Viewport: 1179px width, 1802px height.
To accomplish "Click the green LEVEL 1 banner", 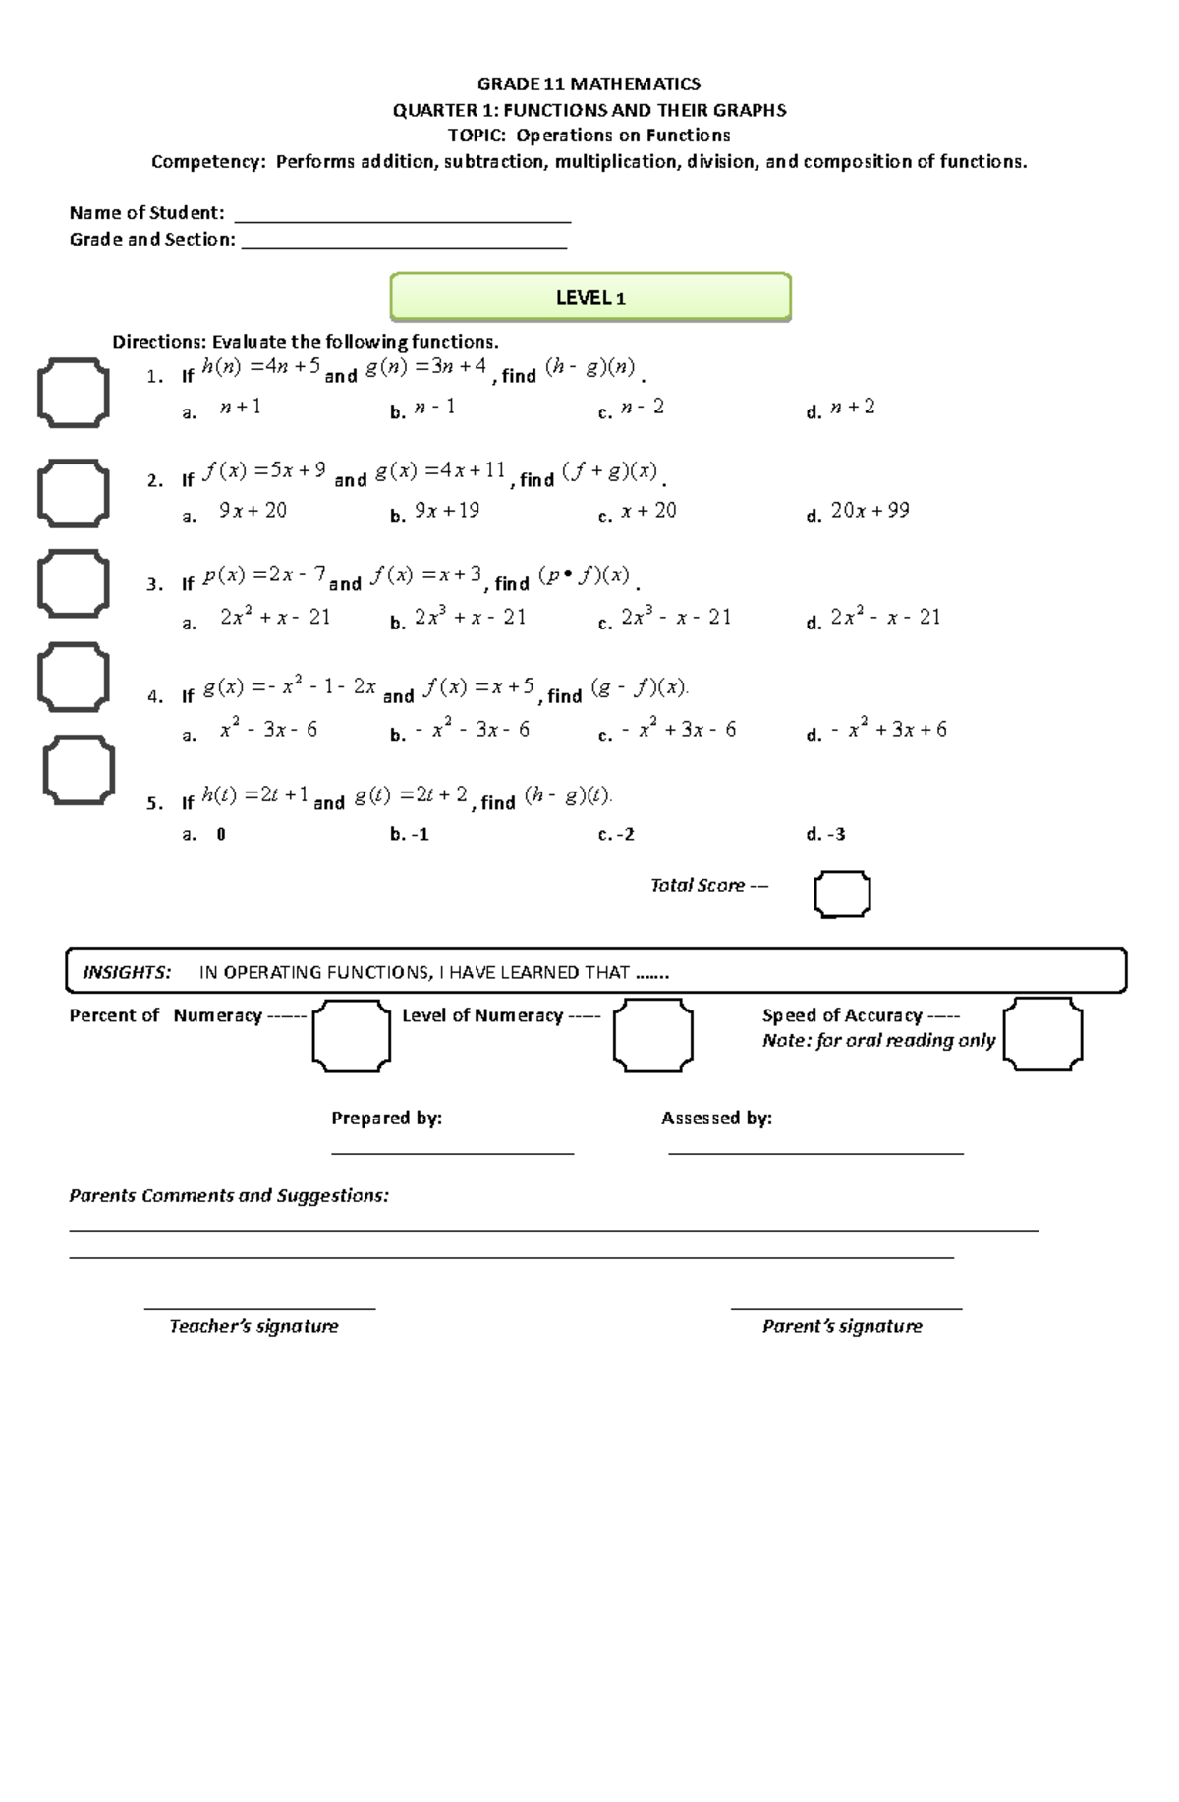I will [590, 298].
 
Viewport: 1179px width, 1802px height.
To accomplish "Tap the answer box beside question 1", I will [74, 393].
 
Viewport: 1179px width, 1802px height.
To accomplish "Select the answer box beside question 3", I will [74, 583].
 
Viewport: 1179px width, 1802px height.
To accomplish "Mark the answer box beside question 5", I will [79, 770].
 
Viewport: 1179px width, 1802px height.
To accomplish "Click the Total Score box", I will [842, 894].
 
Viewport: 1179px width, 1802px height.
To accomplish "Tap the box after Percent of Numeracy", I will [352, 1035].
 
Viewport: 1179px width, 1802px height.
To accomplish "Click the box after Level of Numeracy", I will [652, 1035].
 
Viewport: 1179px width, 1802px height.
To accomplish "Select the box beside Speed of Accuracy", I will [1042, 1034].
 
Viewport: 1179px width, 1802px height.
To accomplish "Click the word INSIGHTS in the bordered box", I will [127, 972].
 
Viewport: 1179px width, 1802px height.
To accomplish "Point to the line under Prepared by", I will [452, 1152].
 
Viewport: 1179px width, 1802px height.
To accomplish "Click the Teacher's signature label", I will [253, 1326].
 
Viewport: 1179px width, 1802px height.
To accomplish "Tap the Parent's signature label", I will [842, 1326].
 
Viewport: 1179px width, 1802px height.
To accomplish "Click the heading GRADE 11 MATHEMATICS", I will [589, 83].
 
